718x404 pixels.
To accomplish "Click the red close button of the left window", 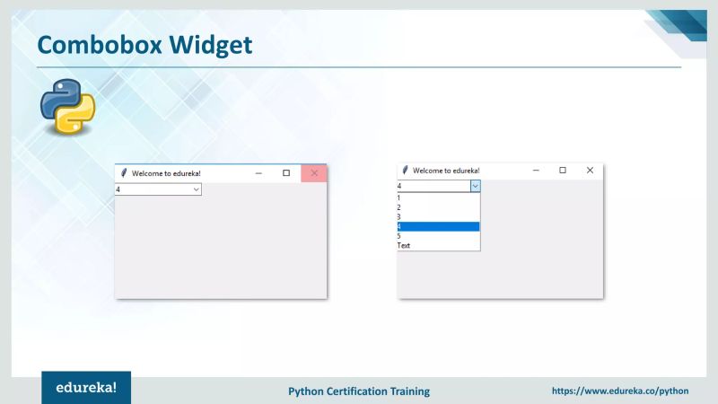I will [314, 173].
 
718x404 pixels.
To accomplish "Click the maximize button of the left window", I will [286, 173].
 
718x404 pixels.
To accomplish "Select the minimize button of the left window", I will [258, 173].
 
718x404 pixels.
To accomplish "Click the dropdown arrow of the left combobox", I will [196, 189].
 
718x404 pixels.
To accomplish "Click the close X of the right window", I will [590, 170].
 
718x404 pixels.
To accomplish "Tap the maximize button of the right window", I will [563, 170].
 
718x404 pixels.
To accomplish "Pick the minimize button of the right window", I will [536, 170].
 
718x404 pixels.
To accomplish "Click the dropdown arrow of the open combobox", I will [475, 186].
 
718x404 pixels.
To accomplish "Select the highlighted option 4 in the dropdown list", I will [438, 226].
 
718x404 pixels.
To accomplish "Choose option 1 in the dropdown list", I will [438, 198].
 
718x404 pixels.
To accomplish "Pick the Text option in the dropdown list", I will [438, 245].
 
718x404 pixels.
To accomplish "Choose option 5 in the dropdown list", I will [438, 236].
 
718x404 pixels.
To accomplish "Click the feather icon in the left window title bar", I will [124, 173].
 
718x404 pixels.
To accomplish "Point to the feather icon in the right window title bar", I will [406, 170].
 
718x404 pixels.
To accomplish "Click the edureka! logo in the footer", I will [86, 390].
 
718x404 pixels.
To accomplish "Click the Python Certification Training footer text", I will [359, 391].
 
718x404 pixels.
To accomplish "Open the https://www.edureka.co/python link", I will [619, 391].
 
